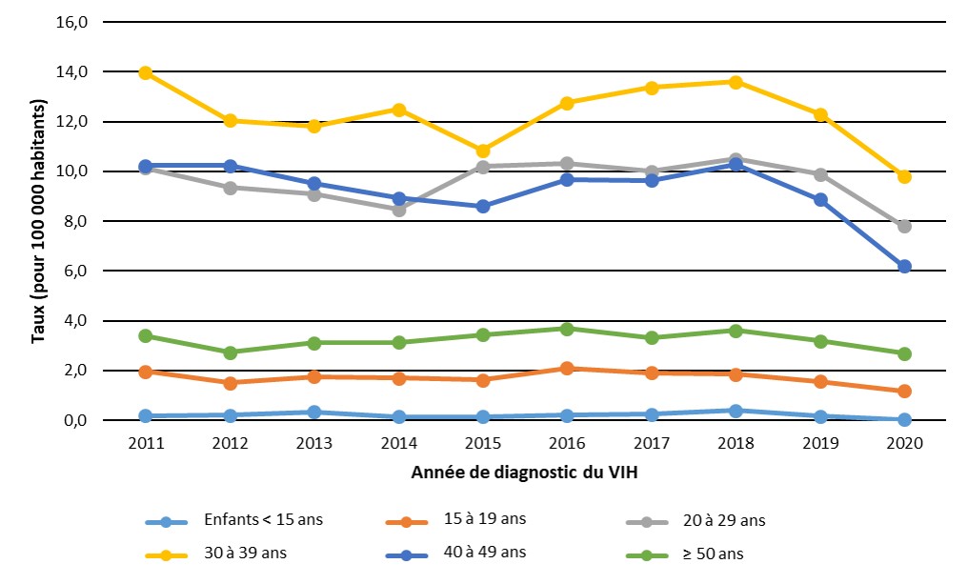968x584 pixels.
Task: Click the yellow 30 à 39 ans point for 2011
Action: tap(146, 73)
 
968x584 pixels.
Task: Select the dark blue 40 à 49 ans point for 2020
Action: tap(904, 267)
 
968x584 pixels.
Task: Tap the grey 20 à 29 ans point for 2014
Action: tap(398, 210)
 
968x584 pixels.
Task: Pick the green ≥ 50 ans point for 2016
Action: tap(567, 329)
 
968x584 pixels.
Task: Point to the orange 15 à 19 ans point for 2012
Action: tap(230, 383)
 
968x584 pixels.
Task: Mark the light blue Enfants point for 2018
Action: tap(736, 411)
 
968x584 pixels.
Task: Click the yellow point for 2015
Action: tap(482, 151)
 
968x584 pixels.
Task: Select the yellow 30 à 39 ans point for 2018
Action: tap(736, 82)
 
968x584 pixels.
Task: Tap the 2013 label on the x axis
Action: tap(314, 445)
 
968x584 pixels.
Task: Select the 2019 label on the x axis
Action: tap(819, 445)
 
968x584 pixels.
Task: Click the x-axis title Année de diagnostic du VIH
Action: tap(525, 473)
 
